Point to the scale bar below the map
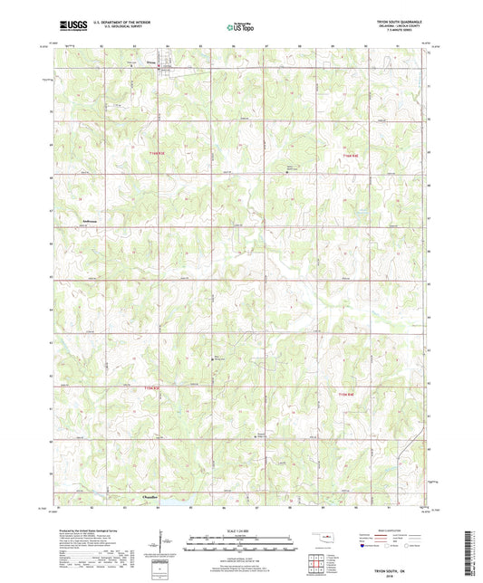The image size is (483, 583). coord(240,543)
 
